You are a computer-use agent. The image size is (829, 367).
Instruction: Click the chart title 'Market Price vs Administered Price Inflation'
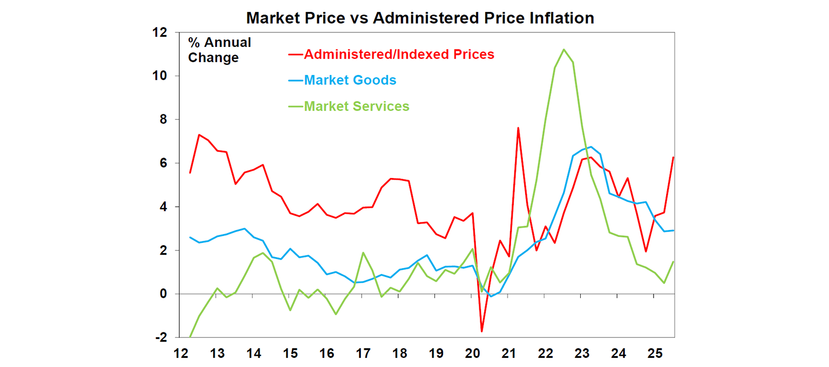[x=420, y=18]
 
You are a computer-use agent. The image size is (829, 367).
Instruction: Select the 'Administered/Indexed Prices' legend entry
[x=399, y=55]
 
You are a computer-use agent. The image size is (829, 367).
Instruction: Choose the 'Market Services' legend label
[x=357, y=106]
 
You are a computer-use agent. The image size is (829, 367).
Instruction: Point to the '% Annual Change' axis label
[x=219, y=50]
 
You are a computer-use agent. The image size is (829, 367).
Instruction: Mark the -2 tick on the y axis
[x=160, y=338]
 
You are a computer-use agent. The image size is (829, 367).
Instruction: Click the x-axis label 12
[x=181, y=354]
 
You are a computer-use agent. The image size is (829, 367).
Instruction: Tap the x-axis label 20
[x=472, y=354]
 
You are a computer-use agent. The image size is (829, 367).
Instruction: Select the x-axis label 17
[x=363, y=354]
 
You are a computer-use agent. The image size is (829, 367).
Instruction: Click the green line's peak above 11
[x=563, y=50]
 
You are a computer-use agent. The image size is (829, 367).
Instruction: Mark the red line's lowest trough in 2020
[x=482, y=331]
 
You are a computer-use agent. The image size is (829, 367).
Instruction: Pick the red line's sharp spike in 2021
[x=518, y=128]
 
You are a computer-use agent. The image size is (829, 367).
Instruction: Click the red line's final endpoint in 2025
[x=673, y=157]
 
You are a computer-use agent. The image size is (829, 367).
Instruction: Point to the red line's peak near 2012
[x=199, y=135]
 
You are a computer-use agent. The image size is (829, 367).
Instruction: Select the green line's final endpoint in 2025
[x=673, y=262]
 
